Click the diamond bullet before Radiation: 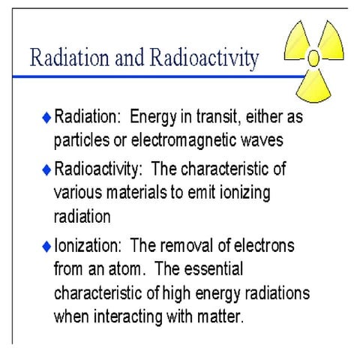point(46,118)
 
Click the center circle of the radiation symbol point(314,57)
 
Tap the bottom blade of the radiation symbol point(314,85)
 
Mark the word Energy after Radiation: point(152,118)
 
